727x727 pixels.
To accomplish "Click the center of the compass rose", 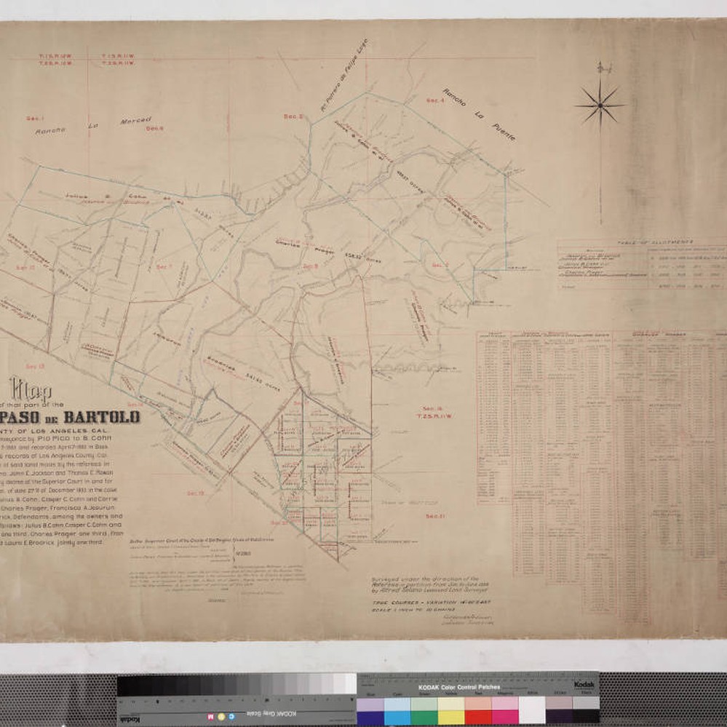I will tap(600, 106).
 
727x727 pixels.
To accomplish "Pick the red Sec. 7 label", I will tap(164, 266).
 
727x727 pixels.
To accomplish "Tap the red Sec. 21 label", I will tap(435, 516).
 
